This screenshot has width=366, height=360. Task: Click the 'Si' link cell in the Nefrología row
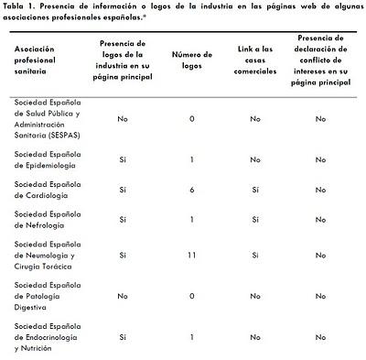coord(255,220)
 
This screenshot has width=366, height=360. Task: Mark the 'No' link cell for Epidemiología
coord(255,159)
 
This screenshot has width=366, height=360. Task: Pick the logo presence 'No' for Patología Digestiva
coord(122,297)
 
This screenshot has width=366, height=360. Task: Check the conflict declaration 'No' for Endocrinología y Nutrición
coord(320,336)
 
